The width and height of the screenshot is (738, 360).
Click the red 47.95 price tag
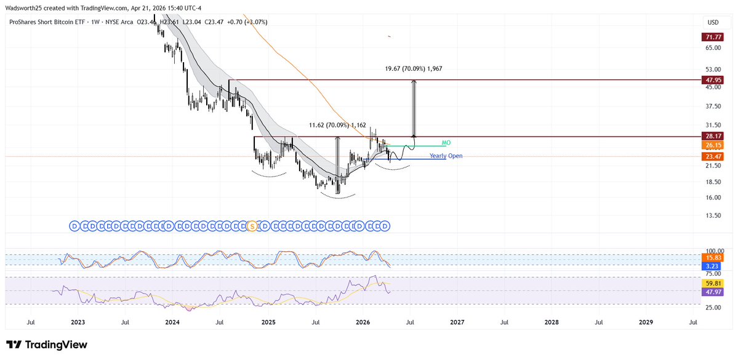[x=713, y=80]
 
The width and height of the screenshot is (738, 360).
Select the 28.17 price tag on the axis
[x=713, y=136]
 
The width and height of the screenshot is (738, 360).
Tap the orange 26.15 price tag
[x=713, y=145]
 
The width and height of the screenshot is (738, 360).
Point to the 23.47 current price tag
[x=713, y=157]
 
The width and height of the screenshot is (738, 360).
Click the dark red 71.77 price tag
[x=713, y=38]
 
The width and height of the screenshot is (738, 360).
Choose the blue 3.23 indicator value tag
[x=713, y=266]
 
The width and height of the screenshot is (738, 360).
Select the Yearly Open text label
[x=446, y=156]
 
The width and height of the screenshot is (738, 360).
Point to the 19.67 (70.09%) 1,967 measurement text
[x=411, y=69]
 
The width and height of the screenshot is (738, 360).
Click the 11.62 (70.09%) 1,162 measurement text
[x=337, y=126]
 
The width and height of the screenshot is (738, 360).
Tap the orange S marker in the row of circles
[x=251, y=226]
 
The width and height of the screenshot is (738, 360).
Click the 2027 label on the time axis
[x=457, y=322]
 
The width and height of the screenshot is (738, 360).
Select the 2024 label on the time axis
[x=172, y=322]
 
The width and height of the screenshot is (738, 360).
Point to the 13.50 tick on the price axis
[x=713, y=215]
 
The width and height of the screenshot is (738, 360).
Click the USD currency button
[x=713, y=22]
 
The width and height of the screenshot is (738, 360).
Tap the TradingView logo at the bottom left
[x=47, y=345]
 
